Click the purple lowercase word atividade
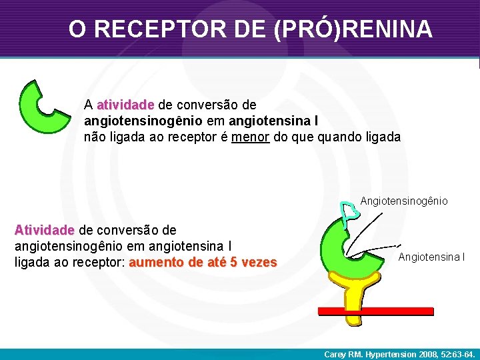[125, 105]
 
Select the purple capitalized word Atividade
[44, 230]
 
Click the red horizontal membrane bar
[375, 311]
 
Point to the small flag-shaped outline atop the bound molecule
[349, 211]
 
